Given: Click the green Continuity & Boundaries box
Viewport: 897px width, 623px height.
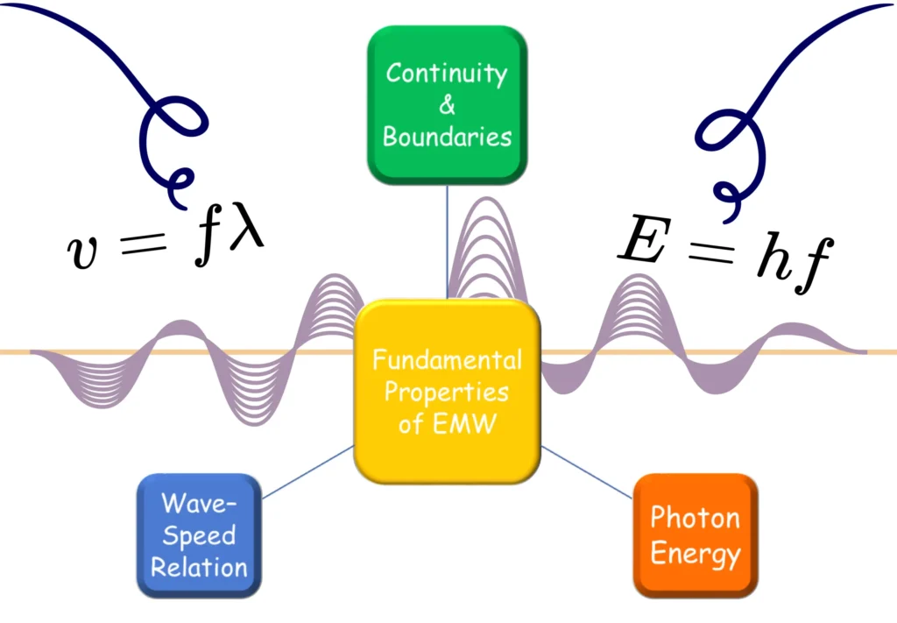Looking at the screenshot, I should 447,104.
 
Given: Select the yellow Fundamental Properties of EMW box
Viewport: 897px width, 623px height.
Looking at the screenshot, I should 447,391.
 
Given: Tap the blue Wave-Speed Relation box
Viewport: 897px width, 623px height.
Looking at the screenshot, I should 199,535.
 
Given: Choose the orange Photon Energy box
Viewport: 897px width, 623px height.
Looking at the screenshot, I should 695,535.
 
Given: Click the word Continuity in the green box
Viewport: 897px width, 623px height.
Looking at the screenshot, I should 447,73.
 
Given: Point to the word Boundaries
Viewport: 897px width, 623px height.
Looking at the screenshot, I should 447,137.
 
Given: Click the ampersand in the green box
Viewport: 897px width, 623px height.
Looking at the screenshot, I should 447,105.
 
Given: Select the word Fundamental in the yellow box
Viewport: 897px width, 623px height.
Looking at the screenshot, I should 447,360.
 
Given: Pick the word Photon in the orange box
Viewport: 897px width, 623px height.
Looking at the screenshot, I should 695,517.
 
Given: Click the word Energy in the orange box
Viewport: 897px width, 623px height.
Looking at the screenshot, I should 695,554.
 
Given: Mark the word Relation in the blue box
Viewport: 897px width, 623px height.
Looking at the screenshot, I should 199,566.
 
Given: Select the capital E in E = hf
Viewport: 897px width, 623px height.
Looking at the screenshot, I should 640,240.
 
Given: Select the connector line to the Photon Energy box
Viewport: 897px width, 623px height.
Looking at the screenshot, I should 586,472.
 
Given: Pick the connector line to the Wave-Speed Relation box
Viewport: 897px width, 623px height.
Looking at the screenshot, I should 307,472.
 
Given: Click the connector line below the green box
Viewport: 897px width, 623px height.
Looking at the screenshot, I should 447,237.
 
